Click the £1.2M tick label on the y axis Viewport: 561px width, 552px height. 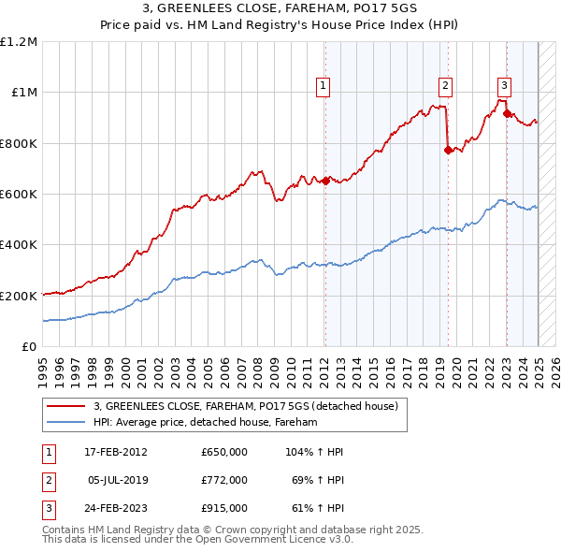18,42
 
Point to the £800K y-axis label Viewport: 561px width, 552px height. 18,144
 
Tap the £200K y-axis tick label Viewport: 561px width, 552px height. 18,296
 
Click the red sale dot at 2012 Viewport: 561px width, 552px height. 325,182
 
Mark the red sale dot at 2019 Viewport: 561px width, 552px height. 448,150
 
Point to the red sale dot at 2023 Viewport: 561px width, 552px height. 508,114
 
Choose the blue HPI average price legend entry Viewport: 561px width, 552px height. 206,423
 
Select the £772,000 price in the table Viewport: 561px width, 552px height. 224,480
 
